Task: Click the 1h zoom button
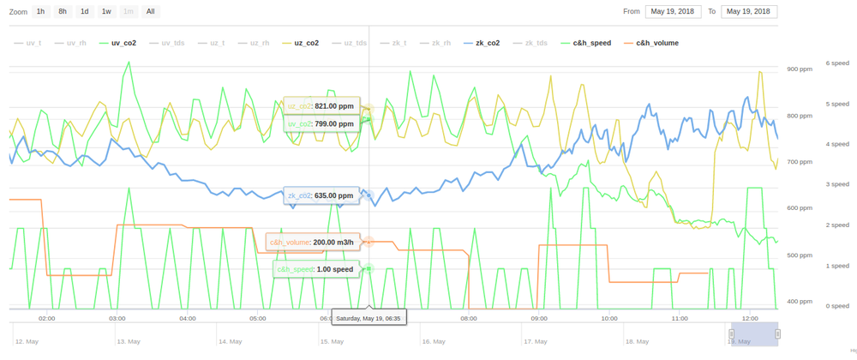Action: (x=41, y=11)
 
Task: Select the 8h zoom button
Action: (x=63, y=11)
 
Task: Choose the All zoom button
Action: (x=151, y=11)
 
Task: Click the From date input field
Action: (x=674, y=11)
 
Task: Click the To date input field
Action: (x=749, y=11)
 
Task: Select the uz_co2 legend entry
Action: (x=306, y=42)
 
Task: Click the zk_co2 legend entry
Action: (x=487, y=42)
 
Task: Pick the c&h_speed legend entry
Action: (x=591, y=42)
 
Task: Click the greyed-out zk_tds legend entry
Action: (x=536, y=42)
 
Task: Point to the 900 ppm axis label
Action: (x=799, y=69)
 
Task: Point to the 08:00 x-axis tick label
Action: (x=468, y=317)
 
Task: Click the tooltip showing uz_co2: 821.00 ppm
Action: (x=321, y=106)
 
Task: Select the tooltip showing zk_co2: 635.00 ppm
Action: (x=321, y=195)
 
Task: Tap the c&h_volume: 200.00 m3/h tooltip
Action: (x=312, y=243)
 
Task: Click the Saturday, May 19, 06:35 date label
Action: (x=369, y=318)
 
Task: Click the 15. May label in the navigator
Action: (x=333, y=341)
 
